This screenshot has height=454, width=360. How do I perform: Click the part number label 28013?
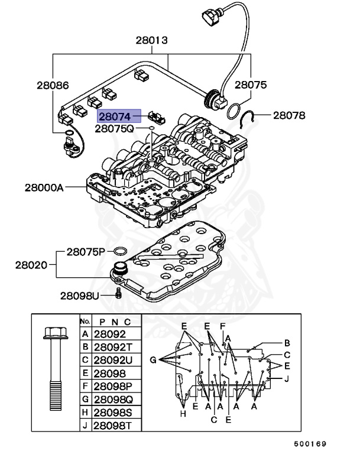click(151, 41)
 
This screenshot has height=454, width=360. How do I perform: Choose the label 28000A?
click(44, 187)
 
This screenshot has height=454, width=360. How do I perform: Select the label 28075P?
click(86, 252)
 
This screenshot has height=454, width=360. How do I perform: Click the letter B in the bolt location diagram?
click(287, 342)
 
